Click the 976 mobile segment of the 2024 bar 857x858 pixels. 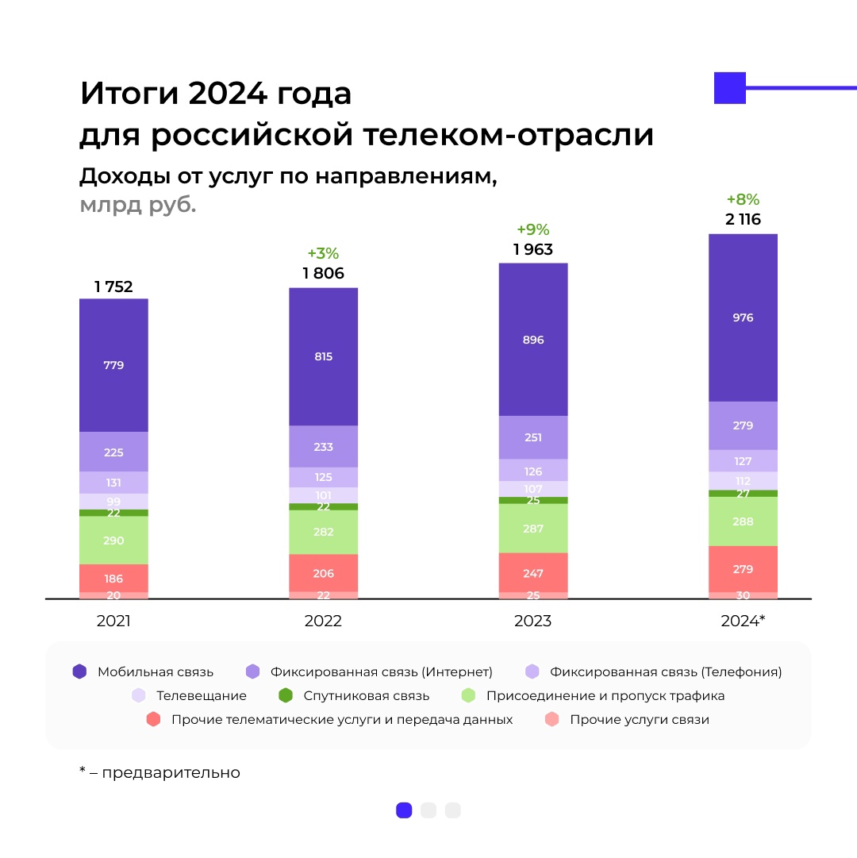[743, 317]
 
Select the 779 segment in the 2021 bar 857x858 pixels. [113, 365]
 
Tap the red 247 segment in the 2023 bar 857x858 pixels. [532, 572]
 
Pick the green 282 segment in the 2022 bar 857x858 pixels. [323, 532]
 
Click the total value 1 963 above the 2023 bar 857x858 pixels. [532, 249]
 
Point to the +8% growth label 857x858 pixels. [743, 200]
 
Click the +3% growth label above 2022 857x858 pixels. [323, 254]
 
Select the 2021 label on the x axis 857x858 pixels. [113, 621]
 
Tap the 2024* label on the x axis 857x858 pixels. [743, 621]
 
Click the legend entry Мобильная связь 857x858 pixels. [155, 671]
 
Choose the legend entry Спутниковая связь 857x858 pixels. [366, 696]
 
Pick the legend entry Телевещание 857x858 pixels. [201, 696]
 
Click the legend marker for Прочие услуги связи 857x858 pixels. [552, 720]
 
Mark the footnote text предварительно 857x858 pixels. [170, 772]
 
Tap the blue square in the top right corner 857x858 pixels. [730, 88]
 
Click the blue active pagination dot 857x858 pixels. [404, 810]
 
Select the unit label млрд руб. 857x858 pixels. [137, 205]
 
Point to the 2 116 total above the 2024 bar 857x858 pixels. [743, 220]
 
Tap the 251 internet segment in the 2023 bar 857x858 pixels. [532, 437]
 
